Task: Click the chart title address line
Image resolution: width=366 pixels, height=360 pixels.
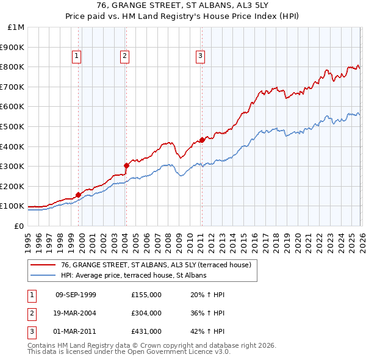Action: (182, 5)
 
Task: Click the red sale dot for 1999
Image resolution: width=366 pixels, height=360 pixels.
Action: (78, 195)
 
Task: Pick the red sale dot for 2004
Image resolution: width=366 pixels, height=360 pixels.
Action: (126, 165)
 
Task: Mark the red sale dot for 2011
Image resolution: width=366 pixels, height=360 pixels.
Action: (202, 140)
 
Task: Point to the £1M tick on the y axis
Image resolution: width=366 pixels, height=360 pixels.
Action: (16, 27)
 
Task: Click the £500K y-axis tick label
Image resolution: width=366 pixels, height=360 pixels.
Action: (13, 126)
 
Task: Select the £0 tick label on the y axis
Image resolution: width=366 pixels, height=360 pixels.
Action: (19, 226)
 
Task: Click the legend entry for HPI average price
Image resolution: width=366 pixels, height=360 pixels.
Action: (134, 275)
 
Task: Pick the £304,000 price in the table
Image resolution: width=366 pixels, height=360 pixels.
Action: (146, 313)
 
